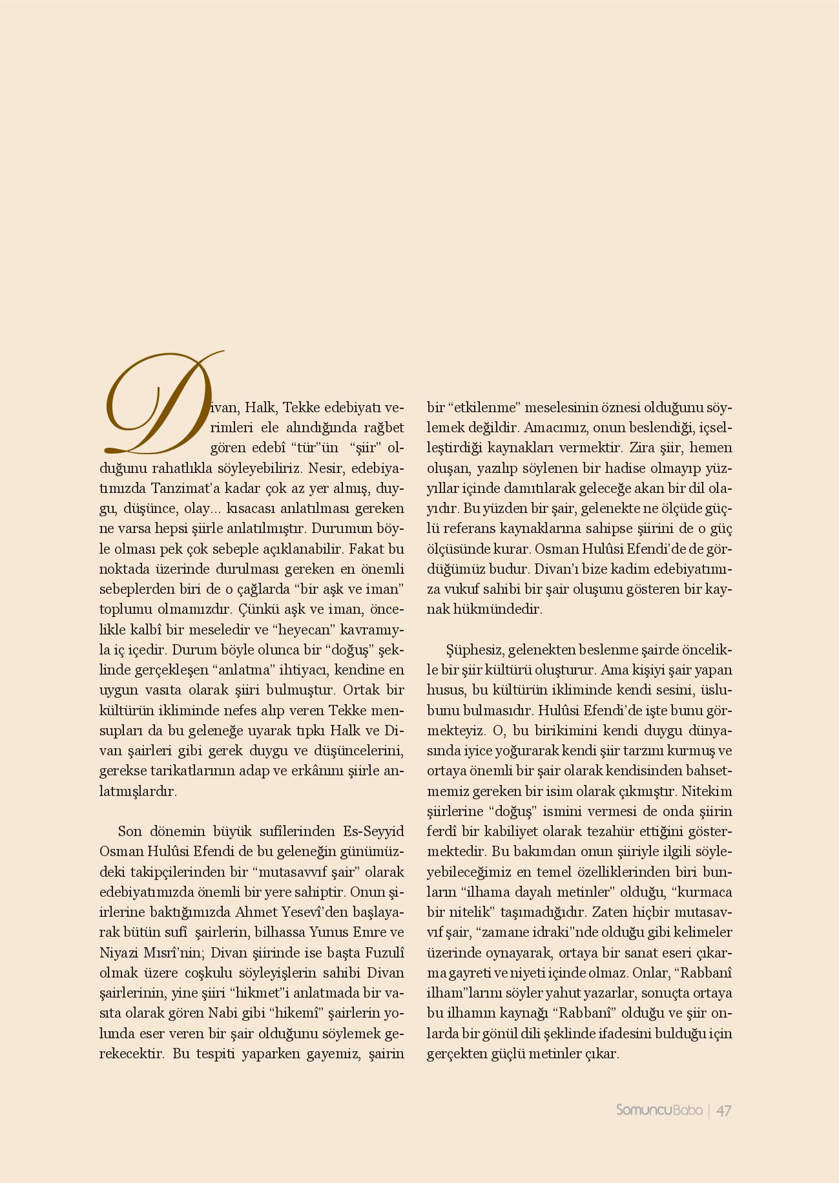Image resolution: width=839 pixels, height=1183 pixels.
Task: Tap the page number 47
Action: tap(723, 1111)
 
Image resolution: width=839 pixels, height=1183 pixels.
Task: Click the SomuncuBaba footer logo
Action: tap(659, 1111)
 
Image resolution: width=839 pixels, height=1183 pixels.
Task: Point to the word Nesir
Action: tap(327, 467)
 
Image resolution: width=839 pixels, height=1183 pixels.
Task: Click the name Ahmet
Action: tap(256, 912)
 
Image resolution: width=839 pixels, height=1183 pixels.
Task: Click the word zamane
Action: tap(508, 932)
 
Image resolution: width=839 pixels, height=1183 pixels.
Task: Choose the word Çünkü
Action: tap(258, 609)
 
